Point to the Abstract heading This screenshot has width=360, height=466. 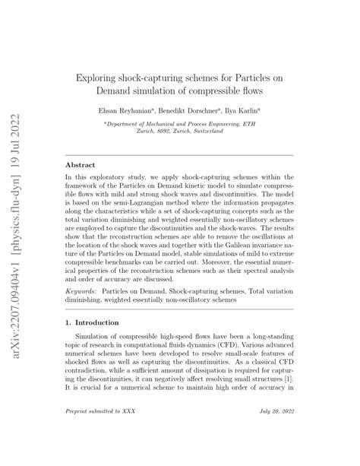tap(82, 164)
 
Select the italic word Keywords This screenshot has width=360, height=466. tap(85, 292)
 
